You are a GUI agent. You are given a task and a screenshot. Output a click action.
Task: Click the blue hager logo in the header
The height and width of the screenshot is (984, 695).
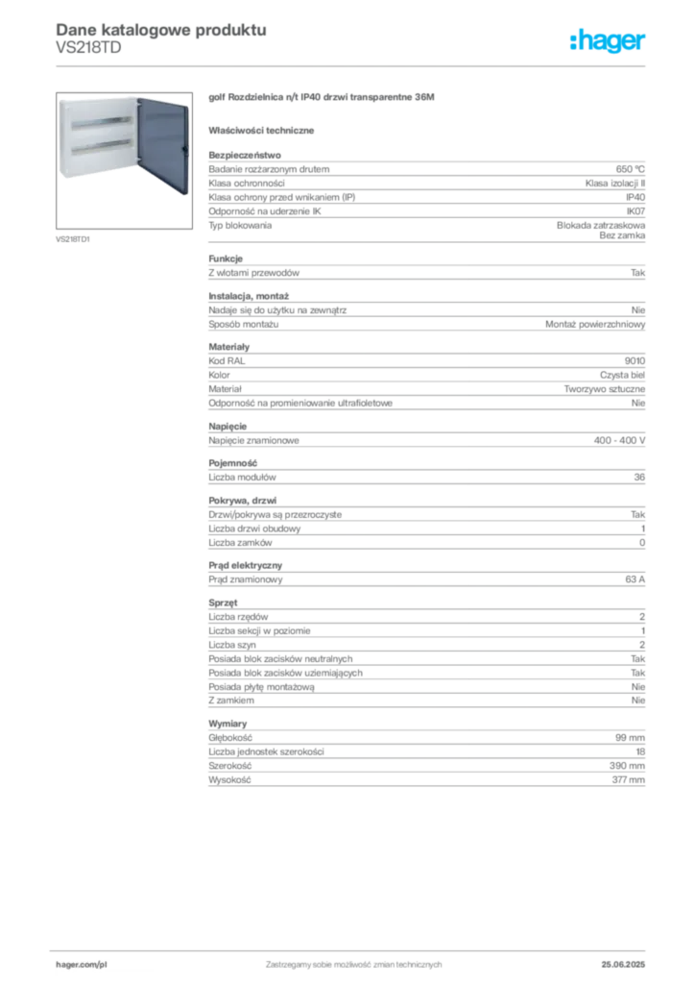tap(609, 42)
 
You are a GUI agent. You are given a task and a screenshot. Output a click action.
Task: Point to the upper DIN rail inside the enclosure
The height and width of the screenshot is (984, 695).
tap(102, 124)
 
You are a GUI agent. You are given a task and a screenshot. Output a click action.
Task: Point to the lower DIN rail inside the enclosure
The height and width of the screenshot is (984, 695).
tap(102, 146)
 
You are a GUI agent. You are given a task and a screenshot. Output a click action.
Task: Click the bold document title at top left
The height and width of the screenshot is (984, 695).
tap(159, 29)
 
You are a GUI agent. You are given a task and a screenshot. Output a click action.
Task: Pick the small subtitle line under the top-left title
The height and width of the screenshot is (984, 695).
tap(88, 56)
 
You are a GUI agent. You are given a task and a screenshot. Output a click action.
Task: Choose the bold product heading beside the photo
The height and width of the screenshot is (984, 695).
tap(323, 99)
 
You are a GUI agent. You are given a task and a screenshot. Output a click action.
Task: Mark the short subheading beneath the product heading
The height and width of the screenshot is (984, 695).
tap(264, 129)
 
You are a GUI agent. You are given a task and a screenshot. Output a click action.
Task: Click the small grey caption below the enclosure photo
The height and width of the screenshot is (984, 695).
tap(73, 238)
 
